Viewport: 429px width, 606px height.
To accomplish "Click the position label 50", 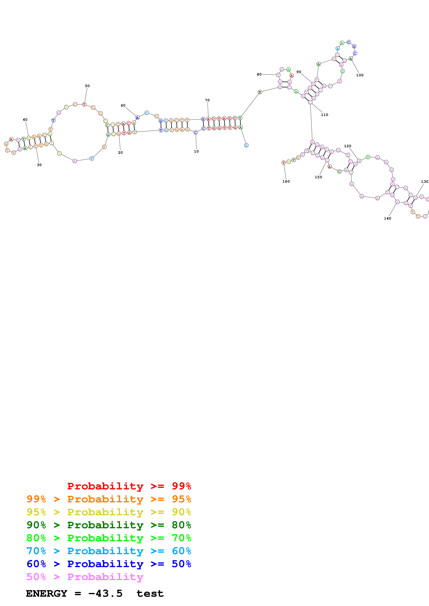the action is pos(87,86).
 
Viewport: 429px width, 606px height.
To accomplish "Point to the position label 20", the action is pos(120,152).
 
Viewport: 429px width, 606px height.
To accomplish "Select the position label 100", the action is pos(360,75).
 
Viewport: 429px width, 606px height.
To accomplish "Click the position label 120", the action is pos(348,146).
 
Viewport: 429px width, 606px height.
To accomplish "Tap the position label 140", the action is pos(387,218).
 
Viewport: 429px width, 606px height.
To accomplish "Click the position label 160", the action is pos(286,181).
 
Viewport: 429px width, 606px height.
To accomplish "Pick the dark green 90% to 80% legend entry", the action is pos(109,525).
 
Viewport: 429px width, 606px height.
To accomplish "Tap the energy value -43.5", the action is pos(105,593).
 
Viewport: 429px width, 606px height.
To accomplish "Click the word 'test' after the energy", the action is pos(150,594).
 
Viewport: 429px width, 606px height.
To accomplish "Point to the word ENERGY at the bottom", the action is pos(47,593).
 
